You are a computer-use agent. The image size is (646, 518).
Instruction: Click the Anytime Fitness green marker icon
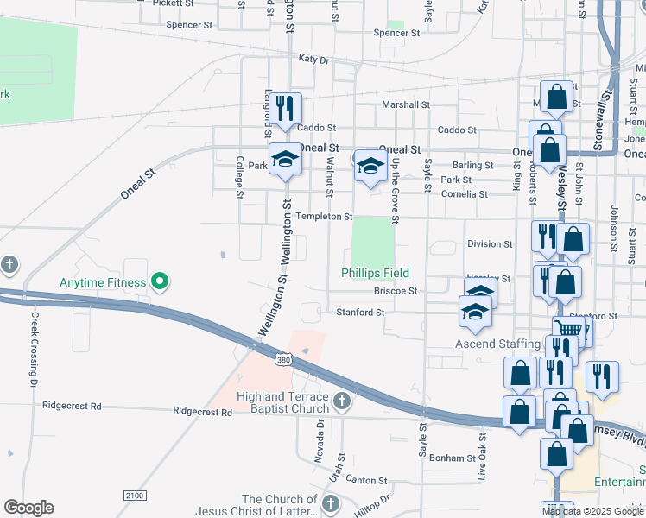[159, 281]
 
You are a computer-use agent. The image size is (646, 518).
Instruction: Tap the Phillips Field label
[375, 273]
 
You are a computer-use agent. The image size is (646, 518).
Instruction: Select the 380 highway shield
[283, 358]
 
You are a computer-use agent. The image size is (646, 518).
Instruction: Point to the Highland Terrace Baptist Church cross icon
[342, 401]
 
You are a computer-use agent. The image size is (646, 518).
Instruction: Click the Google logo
[28, 508]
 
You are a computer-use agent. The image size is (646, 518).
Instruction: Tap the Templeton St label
[324, 216]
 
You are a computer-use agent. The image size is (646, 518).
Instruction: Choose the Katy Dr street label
[313, 60]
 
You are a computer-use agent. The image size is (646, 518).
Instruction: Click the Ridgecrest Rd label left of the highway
[72, 405]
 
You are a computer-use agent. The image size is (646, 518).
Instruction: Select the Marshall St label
[406, 104]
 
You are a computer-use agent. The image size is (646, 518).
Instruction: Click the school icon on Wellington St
[285, 160]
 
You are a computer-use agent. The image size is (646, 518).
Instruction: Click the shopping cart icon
[568, 329]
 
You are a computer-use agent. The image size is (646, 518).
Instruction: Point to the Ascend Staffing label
[497, 344]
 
